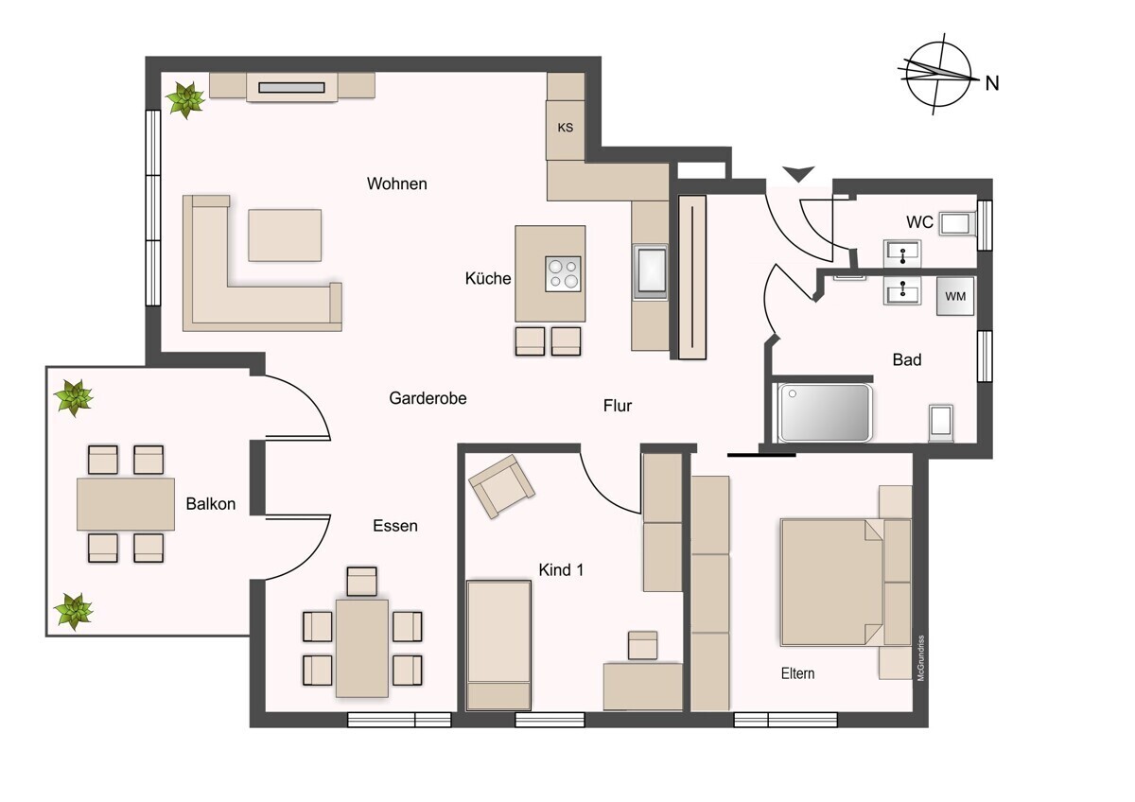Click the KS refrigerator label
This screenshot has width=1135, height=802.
click(566, 128)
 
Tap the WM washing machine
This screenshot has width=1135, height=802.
click(955, 296)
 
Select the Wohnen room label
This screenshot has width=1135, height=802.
click(397, 183)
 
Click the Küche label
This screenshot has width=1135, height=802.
click(488, 278)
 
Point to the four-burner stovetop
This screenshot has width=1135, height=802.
click(563, 274)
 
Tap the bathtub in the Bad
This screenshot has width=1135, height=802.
click(824, 412)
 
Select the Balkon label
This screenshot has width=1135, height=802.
click(210, 504)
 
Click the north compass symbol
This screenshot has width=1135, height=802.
click(938, 76)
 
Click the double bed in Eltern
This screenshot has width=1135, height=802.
click(832, 582)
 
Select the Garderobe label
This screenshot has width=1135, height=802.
click(428, 398)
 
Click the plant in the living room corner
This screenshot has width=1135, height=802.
click(184, 98)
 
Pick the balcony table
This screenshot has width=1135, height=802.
click(126, 504)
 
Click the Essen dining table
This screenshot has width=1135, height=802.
click(362, 648)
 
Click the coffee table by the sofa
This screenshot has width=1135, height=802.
click(285, 235)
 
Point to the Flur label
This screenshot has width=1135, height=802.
click(618, 406)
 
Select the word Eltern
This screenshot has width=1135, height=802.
click(797, 673)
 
